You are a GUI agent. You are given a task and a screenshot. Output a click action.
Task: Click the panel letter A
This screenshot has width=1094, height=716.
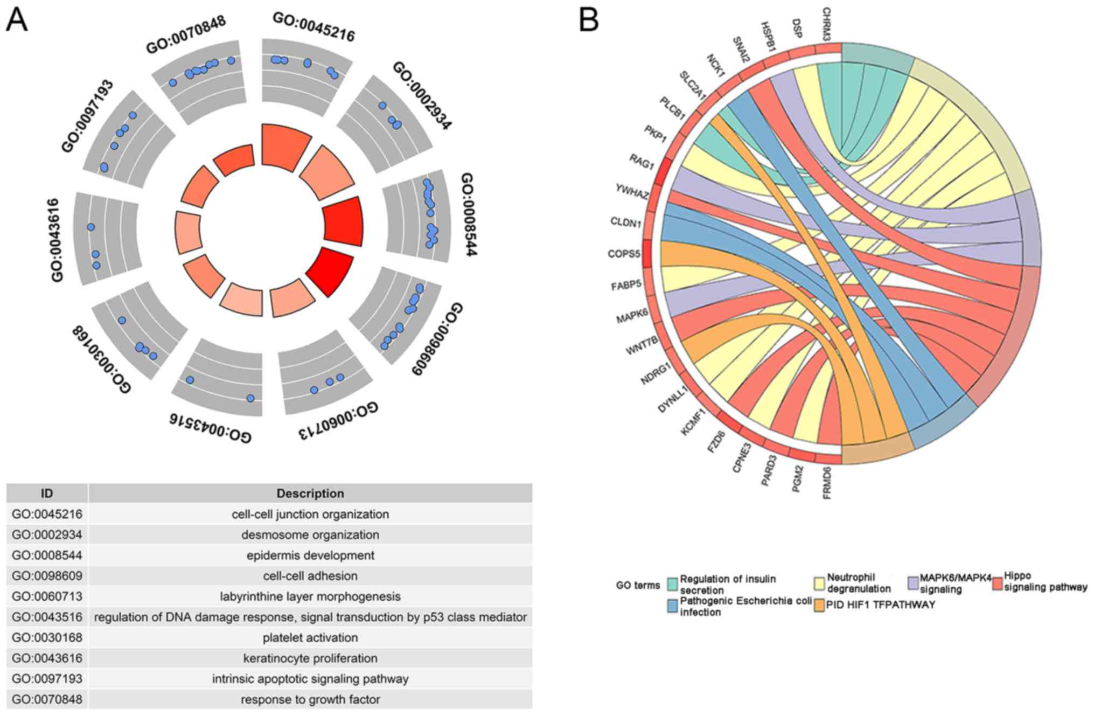[17, 22]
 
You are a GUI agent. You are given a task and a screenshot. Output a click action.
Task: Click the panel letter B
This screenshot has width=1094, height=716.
[588, 20]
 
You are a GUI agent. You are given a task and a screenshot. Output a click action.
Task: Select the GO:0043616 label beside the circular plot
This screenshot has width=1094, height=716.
[57, 240]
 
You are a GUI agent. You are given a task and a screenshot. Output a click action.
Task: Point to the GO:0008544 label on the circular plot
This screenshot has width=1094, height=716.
[468, 214]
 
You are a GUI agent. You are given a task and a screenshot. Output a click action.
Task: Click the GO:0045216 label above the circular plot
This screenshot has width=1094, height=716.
[313, 26]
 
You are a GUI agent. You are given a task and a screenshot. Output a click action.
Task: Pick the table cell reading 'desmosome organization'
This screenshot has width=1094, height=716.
[310, 534]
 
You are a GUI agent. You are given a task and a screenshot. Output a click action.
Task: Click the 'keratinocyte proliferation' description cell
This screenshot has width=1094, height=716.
[310, 658]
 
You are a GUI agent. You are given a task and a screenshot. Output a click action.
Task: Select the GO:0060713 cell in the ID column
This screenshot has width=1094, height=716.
[47, 596]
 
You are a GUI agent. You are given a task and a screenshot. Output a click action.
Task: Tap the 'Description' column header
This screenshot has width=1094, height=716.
[310, 493]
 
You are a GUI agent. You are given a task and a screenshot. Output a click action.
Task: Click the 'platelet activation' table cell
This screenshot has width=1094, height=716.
[310, 637]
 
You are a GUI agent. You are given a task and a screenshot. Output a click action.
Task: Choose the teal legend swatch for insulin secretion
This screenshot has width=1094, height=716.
[672, 584]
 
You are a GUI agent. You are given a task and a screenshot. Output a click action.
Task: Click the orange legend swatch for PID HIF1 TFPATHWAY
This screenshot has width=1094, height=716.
[819, 606]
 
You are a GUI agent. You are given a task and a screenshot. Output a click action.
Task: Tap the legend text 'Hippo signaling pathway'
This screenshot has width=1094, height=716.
[1044, 582]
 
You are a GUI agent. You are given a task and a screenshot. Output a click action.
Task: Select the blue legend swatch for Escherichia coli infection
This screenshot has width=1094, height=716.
[672, 606]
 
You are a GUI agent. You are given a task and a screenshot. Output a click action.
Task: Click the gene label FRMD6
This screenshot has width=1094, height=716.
[827, 483]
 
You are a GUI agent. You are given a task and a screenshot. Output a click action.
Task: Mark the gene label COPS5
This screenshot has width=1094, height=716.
[624, 253]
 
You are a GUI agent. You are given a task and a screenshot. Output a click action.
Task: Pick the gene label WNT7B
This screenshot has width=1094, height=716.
[642, 345]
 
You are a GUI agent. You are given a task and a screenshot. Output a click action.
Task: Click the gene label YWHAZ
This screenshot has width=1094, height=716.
[632, 191]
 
